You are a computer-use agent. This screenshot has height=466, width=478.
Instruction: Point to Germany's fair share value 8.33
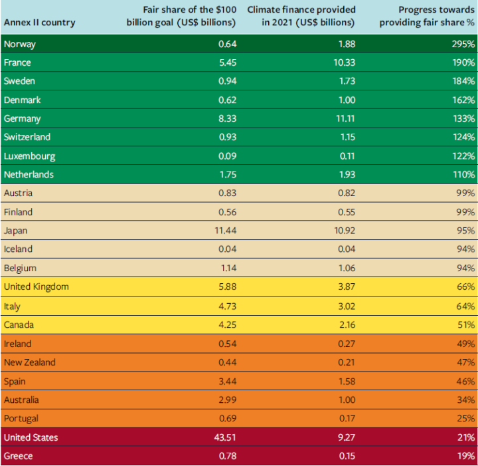227,118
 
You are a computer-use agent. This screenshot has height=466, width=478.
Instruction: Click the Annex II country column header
39,23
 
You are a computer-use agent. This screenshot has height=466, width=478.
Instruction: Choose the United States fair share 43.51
224,437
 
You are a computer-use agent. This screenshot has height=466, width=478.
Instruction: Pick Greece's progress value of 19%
465,456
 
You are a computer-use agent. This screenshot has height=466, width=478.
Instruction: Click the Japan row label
15,231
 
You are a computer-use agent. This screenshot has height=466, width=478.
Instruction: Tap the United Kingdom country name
36,287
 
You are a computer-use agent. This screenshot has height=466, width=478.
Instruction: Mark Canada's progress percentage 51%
465,325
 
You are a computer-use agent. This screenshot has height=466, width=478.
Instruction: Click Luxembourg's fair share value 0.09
227,156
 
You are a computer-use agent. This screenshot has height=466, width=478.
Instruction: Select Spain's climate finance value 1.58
345,382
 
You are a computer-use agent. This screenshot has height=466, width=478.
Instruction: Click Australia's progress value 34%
465,400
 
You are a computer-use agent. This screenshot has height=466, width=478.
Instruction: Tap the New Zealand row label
29,362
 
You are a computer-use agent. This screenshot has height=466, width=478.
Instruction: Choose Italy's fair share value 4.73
227,306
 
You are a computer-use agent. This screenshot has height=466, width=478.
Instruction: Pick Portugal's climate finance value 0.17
345,419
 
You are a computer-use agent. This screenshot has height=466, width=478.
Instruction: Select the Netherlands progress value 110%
463,175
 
